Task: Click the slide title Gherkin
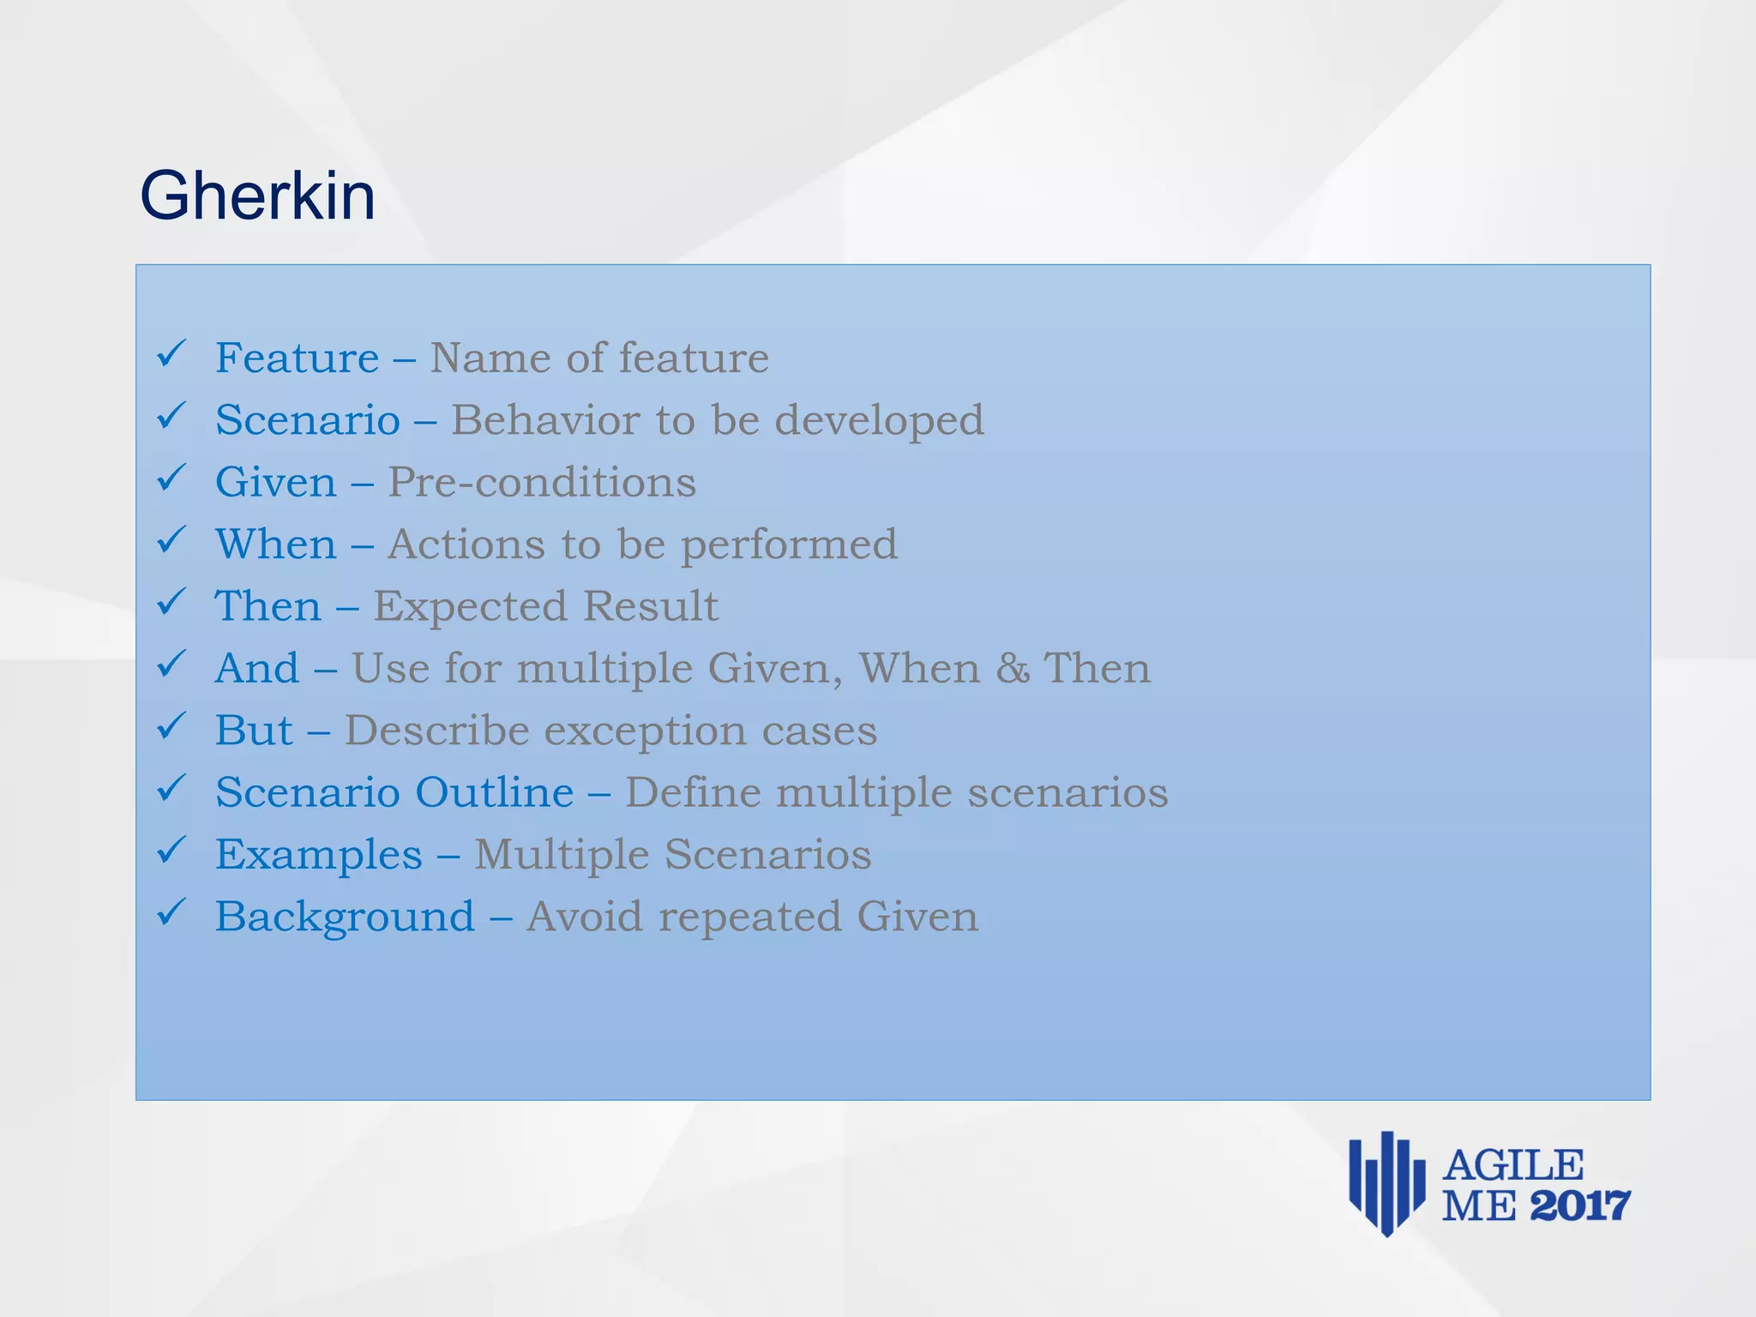pyautogui.click(x=257, y=196)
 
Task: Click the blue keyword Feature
pyautogui.click(x=297, y=358)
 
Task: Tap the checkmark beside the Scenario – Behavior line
pyautogui.click(x=171, y=416)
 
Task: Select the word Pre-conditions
pyautogui.click(x=541, y=482)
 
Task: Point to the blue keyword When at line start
pyautogui.click(x=275, y=544)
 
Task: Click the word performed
pyautogui.click(x=789, y=545)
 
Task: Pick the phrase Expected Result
pyautogui.click(x=545, y=606)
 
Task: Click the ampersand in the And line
pyautogui.click(x=1013, y=668)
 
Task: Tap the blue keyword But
pyautogui.click(x=254, y=731)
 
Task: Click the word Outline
pyautogui.click(x=495, y=792)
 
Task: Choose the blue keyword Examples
pyautogui.click(x=318, y=855)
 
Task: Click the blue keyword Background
pyautogui.click(x=345, y=917)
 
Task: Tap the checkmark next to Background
pyautogui.click(x=171, y=911)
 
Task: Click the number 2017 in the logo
pyautogui.click(x=1579, y=1206)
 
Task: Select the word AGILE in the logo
pyautogui.click(x=1513, y=1166)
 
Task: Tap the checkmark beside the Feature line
pyautogui.click(x=171, y=353)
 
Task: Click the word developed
pyautogui.click(x=880, y=420)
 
